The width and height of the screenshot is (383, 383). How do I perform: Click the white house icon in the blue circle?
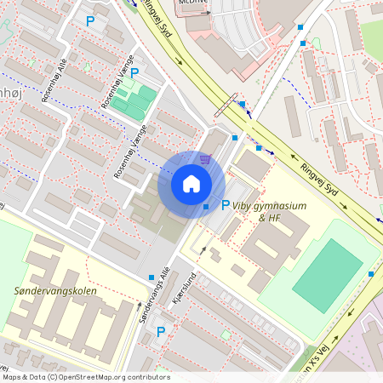(191, 184)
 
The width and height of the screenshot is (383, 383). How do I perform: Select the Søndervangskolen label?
(55, 290)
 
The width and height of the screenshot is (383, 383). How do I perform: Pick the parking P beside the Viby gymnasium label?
(226, 205)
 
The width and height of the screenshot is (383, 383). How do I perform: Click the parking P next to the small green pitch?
(134, 73)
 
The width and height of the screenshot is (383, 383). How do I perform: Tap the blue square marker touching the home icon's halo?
(206, 206)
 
